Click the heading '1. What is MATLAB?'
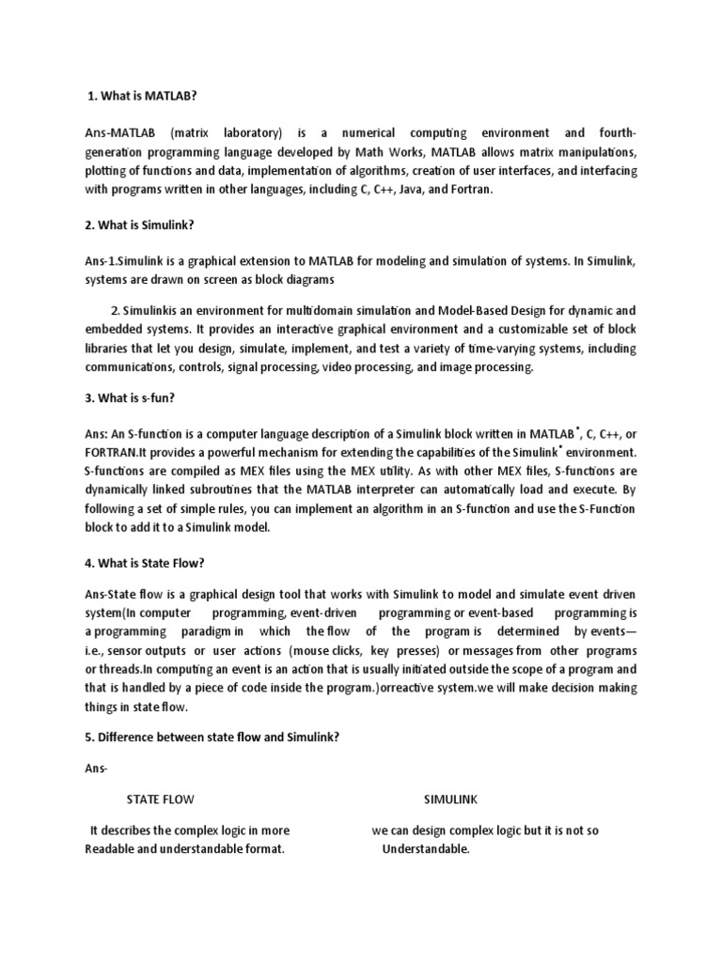[141, 97]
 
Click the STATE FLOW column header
[161, 799]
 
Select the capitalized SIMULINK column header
[450, 799]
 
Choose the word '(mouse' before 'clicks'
[310, 650]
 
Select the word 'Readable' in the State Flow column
[112, 849]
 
